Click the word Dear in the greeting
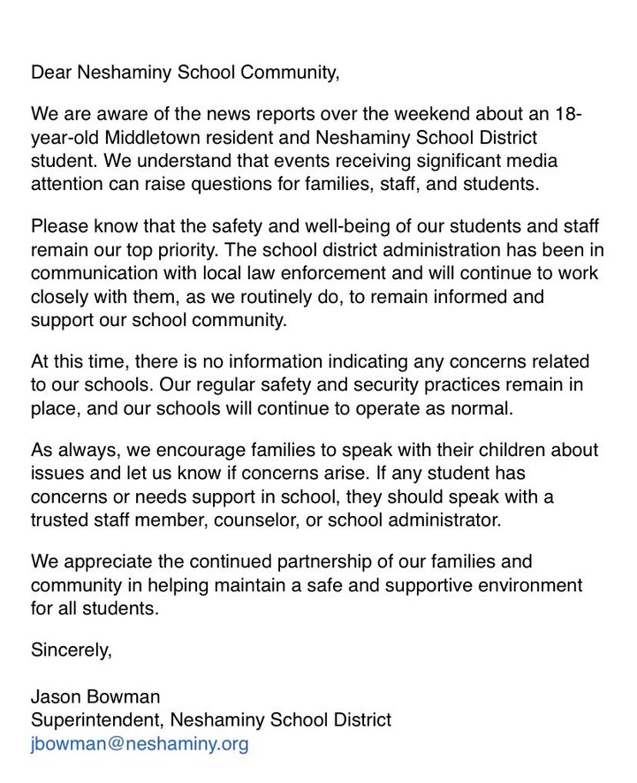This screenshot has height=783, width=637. [50, 72]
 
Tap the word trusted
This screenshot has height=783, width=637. [57, 520]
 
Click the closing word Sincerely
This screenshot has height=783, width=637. [72, 652]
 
